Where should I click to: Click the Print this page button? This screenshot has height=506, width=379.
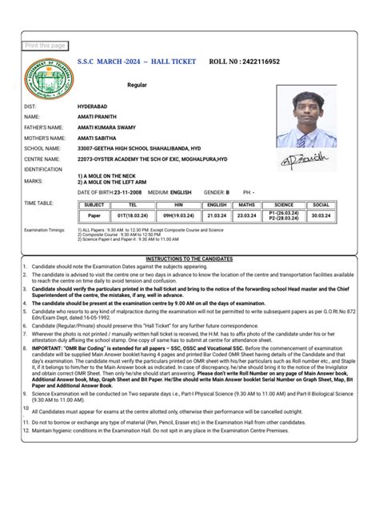46,46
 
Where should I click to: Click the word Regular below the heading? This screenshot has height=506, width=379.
137,84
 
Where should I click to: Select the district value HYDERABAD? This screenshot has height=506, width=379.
95,106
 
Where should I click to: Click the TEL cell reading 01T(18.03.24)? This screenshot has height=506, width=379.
130,215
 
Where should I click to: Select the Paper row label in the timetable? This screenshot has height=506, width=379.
94,215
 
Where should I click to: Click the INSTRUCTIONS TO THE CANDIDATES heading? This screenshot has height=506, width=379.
189,259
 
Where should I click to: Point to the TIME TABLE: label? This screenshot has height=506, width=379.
39,203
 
